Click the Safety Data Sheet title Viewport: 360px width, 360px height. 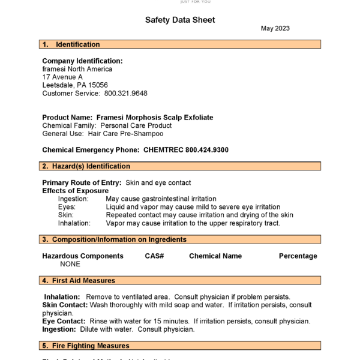(180, 20)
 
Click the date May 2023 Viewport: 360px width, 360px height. (275, 29)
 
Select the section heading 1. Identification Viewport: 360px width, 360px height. (71, 44)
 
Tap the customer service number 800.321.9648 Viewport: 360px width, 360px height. (125, 93)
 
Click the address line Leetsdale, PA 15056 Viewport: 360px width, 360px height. (75, 85)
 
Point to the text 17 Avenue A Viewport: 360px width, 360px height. (62, 77)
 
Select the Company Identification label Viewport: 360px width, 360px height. (82, 61)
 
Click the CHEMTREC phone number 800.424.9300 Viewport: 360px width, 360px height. (207, 149)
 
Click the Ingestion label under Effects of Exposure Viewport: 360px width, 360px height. (73, 199)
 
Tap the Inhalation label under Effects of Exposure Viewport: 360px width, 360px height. (74, 223)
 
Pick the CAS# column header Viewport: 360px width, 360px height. (154, 256)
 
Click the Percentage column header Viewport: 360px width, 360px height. (298, 256)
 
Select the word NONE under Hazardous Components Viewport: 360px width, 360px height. (70, 264)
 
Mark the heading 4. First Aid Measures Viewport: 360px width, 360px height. (78, 280)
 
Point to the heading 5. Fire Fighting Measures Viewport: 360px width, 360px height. (85, 346)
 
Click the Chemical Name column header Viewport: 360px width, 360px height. (215, 256)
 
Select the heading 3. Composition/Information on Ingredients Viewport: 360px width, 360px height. (114, 239)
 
